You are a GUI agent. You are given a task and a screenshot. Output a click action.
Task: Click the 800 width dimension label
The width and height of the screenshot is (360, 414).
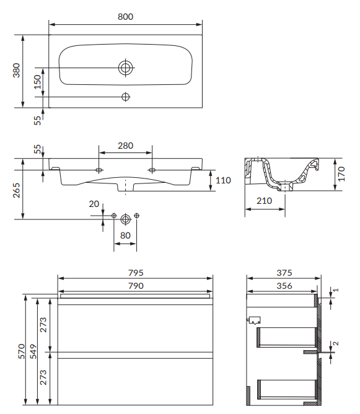(x=125, y=17)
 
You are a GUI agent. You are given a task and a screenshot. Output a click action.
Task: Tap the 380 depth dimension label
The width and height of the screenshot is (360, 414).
(x=16, y=70)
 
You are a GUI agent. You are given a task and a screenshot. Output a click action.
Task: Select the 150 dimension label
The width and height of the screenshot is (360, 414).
(x=38, y=82)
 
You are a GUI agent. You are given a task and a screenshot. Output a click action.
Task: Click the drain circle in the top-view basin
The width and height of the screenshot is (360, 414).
(x=125, y=68)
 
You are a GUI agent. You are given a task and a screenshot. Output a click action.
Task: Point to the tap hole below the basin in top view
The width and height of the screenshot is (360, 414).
(x=126, y=97)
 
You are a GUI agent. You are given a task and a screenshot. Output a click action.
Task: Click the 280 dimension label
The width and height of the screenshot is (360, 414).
(x=125, y=146)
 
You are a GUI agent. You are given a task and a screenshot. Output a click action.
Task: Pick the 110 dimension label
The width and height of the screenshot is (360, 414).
(x=223, y=180)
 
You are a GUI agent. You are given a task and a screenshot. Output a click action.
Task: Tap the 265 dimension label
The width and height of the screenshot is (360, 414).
(x=16, y=190)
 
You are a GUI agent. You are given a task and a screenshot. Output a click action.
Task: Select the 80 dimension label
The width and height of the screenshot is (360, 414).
(x=125, y=236)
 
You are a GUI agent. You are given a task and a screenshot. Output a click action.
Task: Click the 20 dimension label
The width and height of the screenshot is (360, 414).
(x=94, y=204)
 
